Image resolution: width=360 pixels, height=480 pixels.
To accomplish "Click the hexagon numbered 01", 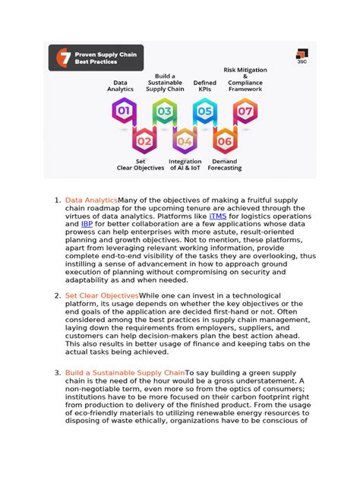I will coord(123,112).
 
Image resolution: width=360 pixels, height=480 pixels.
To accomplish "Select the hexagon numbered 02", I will coord(144,141).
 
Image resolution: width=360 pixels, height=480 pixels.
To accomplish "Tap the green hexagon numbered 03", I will coord(164,112).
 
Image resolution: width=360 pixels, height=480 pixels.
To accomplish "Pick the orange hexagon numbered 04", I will coord(185,141).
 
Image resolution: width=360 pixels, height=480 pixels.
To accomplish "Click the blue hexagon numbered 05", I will coord(204,112).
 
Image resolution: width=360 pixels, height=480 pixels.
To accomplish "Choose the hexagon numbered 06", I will coord(225,141).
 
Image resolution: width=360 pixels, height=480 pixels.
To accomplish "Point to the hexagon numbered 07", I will coord(245,112).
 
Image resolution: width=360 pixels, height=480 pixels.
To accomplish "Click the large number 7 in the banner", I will coord(62,58).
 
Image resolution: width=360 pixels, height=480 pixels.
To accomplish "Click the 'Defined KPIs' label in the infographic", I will coord(205,86).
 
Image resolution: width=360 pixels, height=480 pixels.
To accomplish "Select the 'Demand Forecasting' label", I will coord(225,165).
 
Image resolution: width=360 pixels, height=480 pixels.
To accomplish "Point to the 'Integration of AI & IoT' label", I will coord(185,165).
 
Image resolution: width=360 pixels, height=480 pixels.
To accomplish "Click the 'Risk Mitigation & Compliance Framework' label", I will coord(245,80).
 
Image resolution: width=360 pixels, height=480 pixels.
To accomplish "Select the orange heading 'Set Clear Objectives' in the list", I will coord(102,295).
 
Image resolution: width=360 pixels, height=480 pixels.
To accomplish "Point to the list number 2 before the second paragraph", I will coord(56,295).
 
